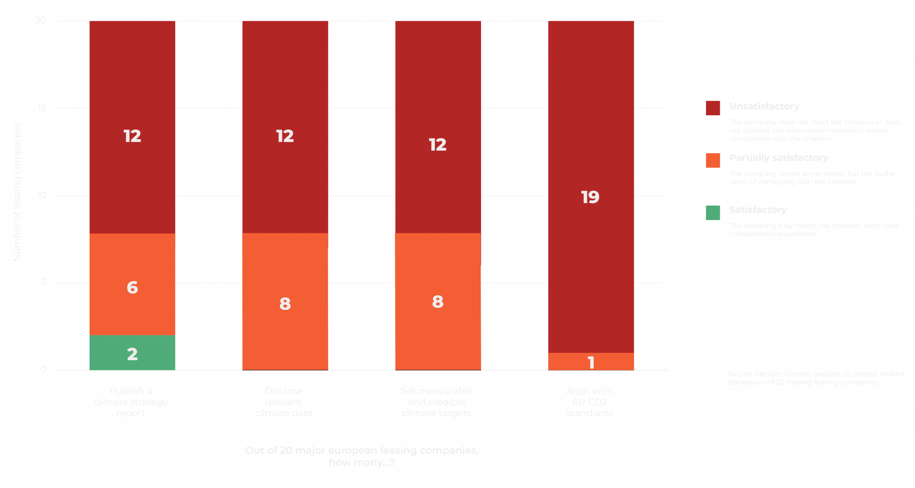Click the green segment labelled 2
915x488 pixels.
click(132, 352)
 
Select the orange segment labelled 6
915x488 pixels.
click(132, 284)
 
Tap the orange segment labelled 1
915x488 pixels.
click(591, 362)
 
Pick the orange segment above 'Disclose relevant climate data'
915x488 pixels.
click(285, 301)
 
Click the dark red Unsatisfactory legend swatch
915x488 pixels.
click(713, 108)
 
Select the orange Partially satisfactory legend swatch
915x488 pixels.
click(713, 160)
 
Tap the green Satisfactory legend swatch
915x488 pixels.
click(713, 212)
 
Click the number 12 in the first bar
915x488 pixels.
click(132, 136)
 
